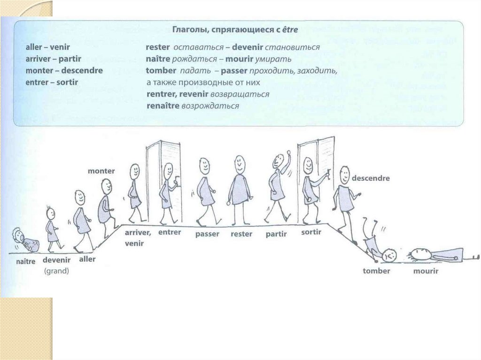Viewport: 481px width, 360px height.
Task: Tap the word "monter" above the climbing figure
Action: (101, 171)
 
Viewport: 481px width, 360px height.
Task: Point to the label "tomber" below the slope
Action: (376, 271)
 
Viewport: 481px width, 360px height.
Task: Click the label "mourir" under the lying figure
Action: (426, 271)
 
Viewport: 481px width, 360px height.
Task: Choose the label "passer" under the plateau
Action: (208, 234)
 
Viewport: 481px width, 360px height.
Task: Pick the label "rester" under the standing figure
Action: (242, 234)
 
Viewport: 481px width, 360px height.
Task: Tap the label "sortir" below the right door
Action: (311, 232)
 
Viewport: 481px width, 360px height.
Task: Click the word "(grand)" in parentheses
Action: (56, 271)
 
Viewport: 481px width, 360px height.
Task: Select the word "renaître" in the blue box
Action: (163, 106)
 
